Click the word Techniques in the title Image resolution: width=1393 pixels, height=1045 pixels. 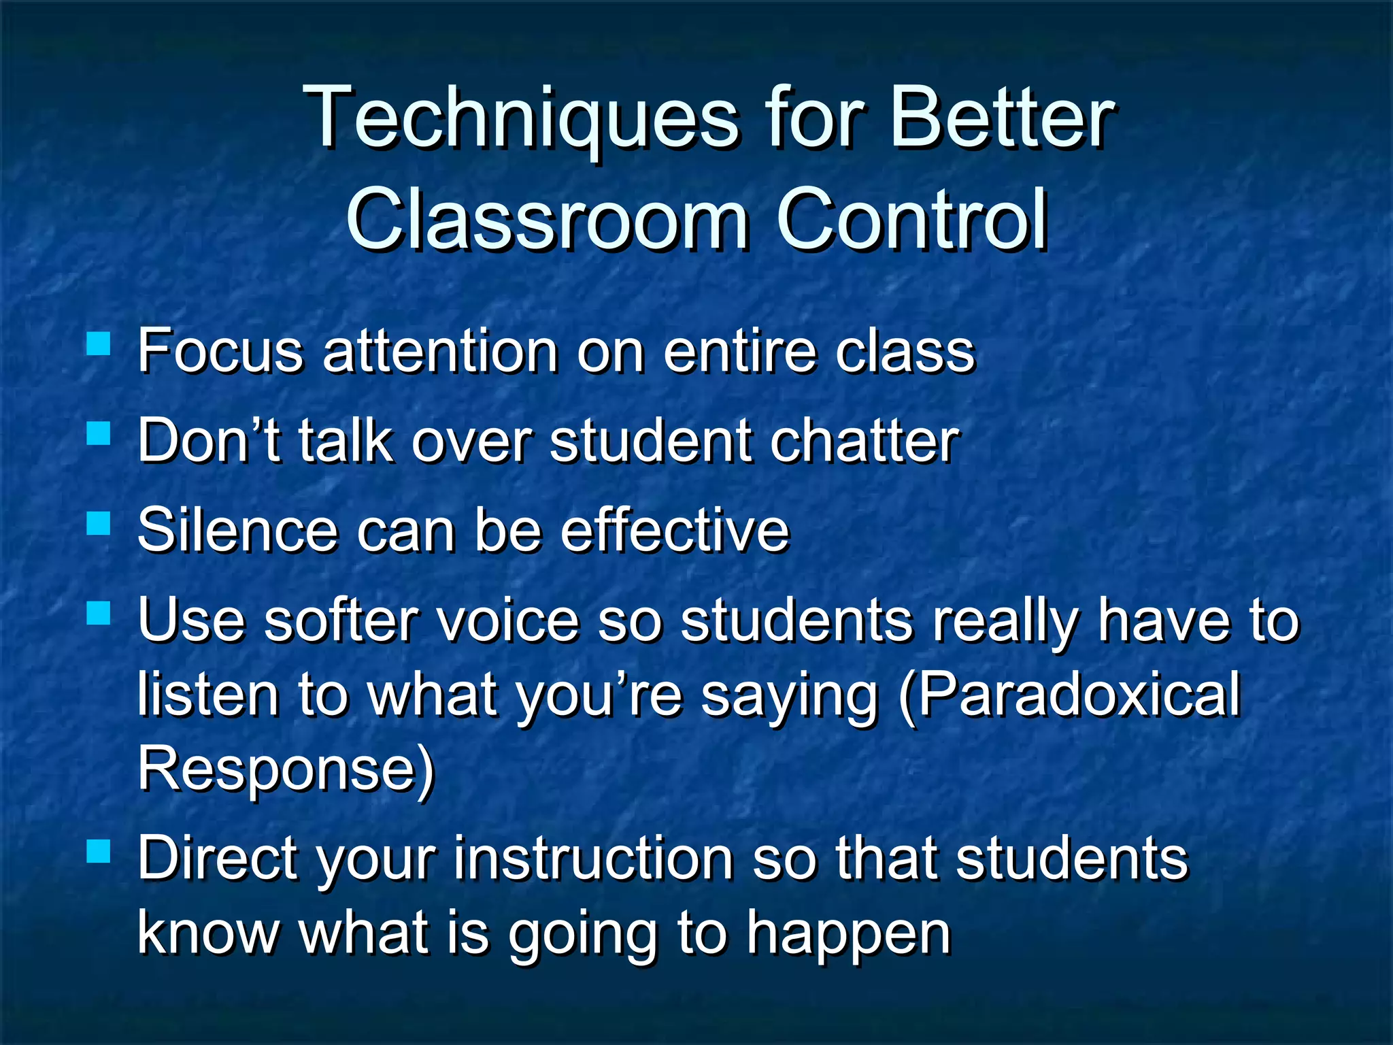pos(520,119)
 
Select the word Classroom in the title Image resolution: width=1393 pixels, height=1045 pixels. pos(548,219)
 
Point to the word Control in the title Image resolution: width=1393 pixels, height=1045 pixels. pos(911,219)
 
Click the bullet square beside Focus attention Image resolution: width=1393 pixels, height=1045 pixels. pos(99,344)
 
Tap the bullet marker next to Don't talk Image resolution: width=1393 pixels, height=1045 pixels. pos(99,433)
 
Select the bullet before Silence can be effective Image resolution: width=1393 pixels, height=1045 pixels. pos(99,523)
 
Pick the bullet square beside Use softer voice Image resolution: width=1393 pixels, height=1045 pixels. pos(99,612)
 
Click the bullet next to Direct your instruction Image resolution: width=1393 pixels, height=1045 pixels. pos(99,850)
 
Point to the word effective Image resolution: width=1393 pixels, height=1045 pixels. pos(674,530)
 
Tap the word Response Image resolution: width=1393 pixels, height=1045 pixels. pos(286,769)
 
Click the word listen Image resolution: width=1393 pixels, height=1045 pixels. pos(207,695)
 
